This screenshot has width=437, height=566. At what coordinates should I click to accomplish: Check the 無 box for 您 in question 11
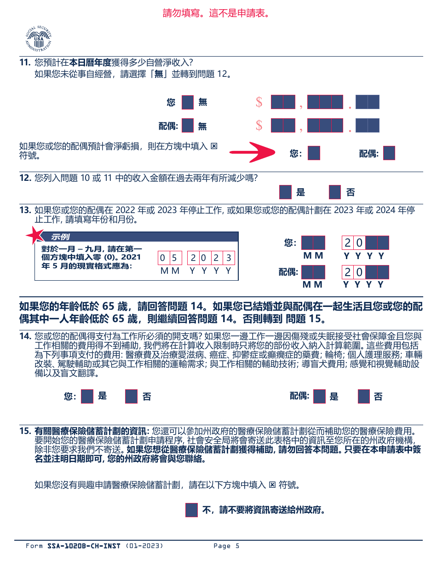click(188, 102)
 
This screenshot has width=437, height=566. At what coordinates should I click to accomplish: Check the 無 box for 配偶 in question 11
click(188, 126)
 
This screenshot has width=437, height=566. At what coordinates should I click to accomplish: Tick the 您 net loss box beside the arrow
click(314, 153)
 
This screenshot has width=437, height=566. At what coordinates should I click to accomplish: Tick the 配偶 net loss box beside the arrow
click(389, 153)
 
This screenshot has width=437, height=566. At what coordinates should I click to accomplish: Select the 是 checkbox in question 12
click(285, 192)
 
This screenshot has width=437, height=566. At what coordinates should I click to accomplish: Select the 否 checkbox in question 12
click(335, 192)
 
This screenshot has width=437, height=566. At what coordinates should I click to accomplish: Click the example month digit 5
click(174, 258)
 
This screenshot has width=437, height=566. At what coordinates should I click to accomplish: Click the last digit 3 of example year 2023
click(229, 258)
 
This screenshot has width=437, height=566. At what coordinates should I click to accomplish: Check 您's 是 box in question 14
click(87, 396)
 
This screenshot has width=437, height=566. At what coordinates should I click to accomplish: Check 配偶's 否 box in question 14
click(364, 396)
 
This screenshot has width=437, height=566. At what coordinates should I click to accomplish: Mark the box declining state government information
click(191, 510)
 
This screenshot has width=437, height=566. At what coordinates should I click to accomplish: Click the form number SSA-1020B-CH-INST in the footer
click(84, 546)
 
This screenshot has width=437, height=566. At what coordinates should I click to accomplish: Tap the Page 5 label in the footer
click(226, 546)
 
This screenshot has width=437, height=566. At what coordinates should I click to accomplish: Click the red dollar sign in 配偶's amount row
click(259, 126)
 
